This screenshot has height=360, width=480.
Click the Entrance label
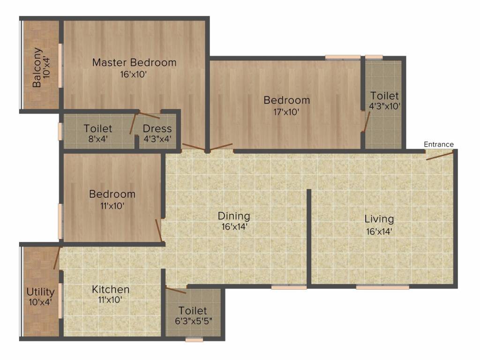click(438, 144)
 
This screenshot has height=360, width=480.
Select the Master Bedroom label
click(135, 62)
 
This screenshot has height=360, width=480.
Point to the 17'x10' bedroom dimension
click(286, 112)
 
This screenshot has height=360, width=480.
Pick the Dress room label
click(157, 128)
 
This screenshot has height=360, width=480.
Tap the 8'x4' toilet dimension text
click(98, 139)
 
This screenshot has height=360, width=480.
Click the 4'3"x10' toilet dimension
click(385, 106)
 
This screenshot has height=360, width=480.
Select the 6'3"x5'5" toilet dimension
click(194, 322)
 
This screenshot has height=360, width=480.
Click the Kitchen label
click(111, 289)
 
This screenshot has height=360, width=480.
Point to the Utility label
click(40, 292)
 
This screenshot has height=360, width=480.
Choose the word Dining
click(234, 216)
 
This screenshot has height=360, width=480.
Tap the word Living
click(379, 219)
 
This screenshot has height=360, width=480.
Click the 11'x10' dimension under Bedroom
click(112, 206)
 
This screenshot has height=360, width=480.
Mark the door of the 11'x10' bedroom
click(158, 230)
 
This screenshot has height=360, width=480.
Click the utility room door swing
click(57, 258)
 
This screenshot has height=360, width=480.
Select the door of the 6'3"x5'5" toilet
click(176, 290)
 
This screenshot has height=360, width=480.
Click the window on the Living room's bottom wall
click(382, 287)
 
